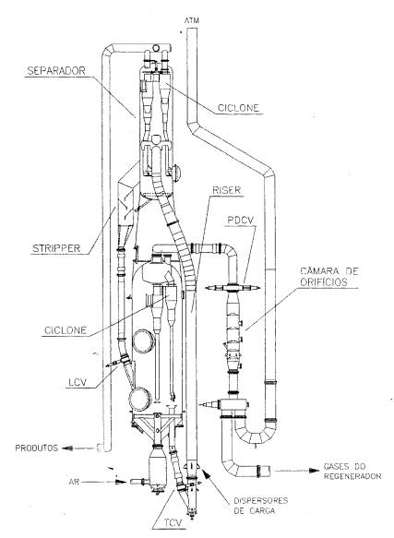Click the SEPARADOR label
point(56,71)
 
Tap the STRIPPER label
point(56,248)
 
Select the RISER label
point(226,190)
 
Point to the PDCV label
point(240,220)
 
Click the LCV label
point(78,382)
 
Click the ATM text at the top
point(192,20)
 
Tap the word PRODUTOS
point(37,448)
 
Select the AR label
point(74,482)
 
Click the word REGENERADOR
point(352,476)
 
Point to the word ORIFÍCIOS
point(324,282)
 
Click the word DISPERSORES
point(260,500)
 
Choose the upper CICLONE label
point(238,108)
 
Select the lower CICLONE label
point(66,330)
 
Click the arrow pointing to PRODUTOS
point(78,448)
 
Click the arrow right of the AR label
point(104,482)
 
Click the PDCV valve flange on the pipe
point(233,288)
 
